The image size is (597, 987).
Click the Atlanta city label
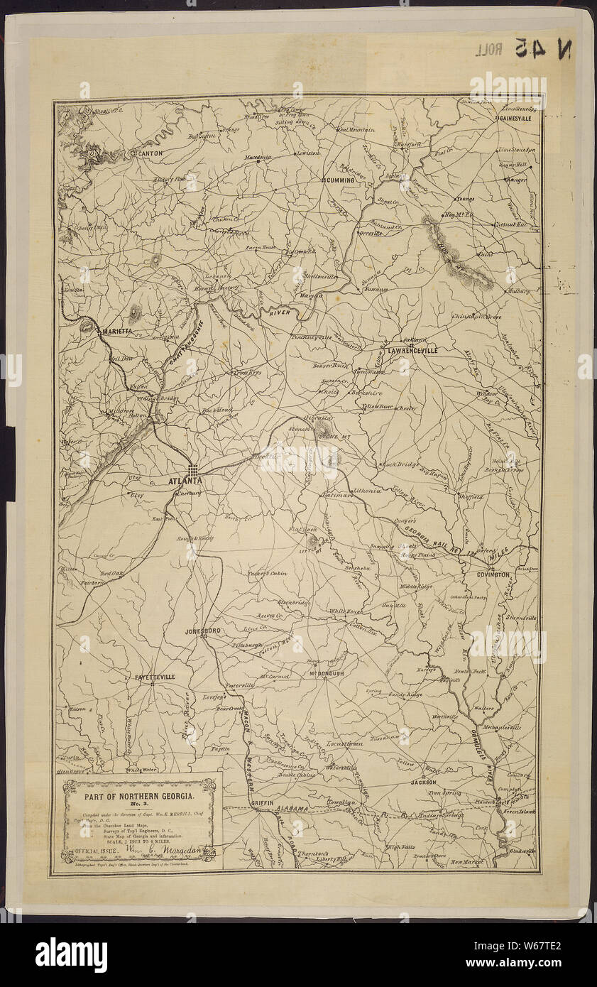pos(185,481)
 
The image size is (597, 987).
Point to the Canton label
pos(150,153)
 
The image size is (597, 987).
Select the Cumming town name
pos(339,180)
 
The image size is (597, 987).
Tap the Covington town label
pos(493,574)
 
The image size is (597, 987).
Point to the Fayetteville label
pos(155,677)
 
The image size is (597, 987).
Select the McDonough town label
pos(327,673)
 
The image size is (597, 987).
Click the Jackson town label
pos(423,782)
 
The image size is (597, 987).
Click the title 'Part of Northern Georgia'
pos(139,799)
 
